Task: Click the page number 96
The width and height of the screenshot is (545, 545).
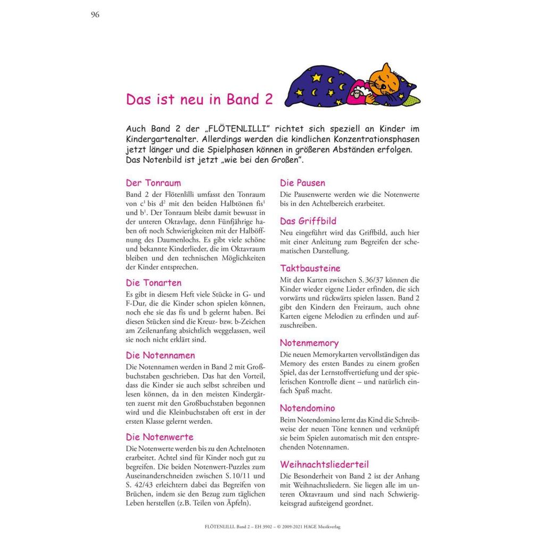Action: click(x=95, y=14)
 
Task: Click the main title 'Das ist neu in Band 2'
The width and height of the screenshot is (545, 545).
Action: click(x=199, y=100)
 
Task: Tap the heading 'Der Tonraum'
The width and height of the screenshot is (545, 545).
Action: click(x=153, y=183)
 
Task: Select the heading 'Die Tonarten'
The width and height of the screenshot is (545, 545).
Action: click(x=153, y=283)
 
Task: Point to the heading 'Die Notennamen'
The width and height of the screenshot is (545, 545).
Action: click(x=160, y=355)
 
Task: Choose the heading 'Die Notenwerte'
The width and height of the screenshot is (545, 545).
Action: click(x=159, y=437)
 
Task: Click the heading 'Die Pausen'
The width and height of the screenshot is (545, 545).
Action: click(x=302, y=183)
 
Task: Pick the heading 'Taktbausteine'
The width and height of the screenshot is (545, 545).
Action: click(x=310, y=268)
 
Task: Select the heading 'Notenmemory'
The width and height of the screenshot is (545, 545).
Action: click(x=309, y=343)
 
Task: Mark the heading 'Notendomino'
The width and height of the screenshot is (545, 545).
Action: click(x=307, y=408)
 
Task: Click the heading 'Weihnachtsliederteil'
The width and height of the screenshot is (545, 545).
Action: click(x=324, y=464)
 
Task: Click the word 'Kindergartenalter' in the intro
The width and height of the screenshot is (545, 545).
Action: click(x=165, y=139)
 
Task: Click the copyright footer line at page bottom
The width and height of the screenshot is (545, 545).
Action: click(x=272, y=527)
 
